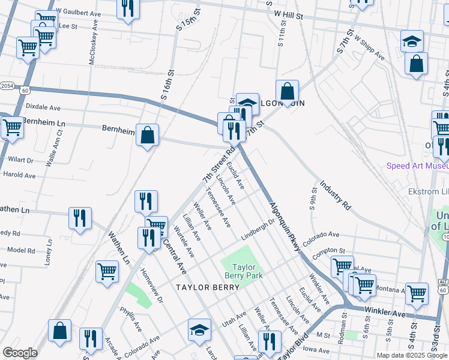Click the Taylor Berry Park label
240,271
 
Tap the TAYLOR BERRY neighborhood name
208,287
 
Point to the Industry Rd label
334,195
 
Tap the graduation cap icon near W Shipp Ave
412,41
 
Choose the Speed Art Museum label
418,166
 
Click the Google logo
20,353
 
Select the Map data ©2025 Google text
411,355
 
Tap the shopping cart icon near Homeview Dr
107,270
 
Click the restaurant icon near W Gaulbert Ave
128,7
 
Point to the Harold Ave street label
20,175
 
